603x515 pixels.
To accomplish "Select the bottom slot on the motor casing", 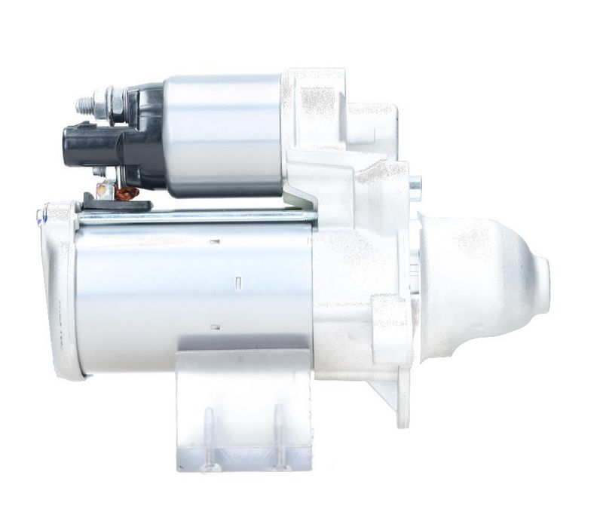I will click(216, 326).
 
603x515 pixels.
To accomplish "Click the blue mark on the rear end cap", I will click(41, 219).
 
